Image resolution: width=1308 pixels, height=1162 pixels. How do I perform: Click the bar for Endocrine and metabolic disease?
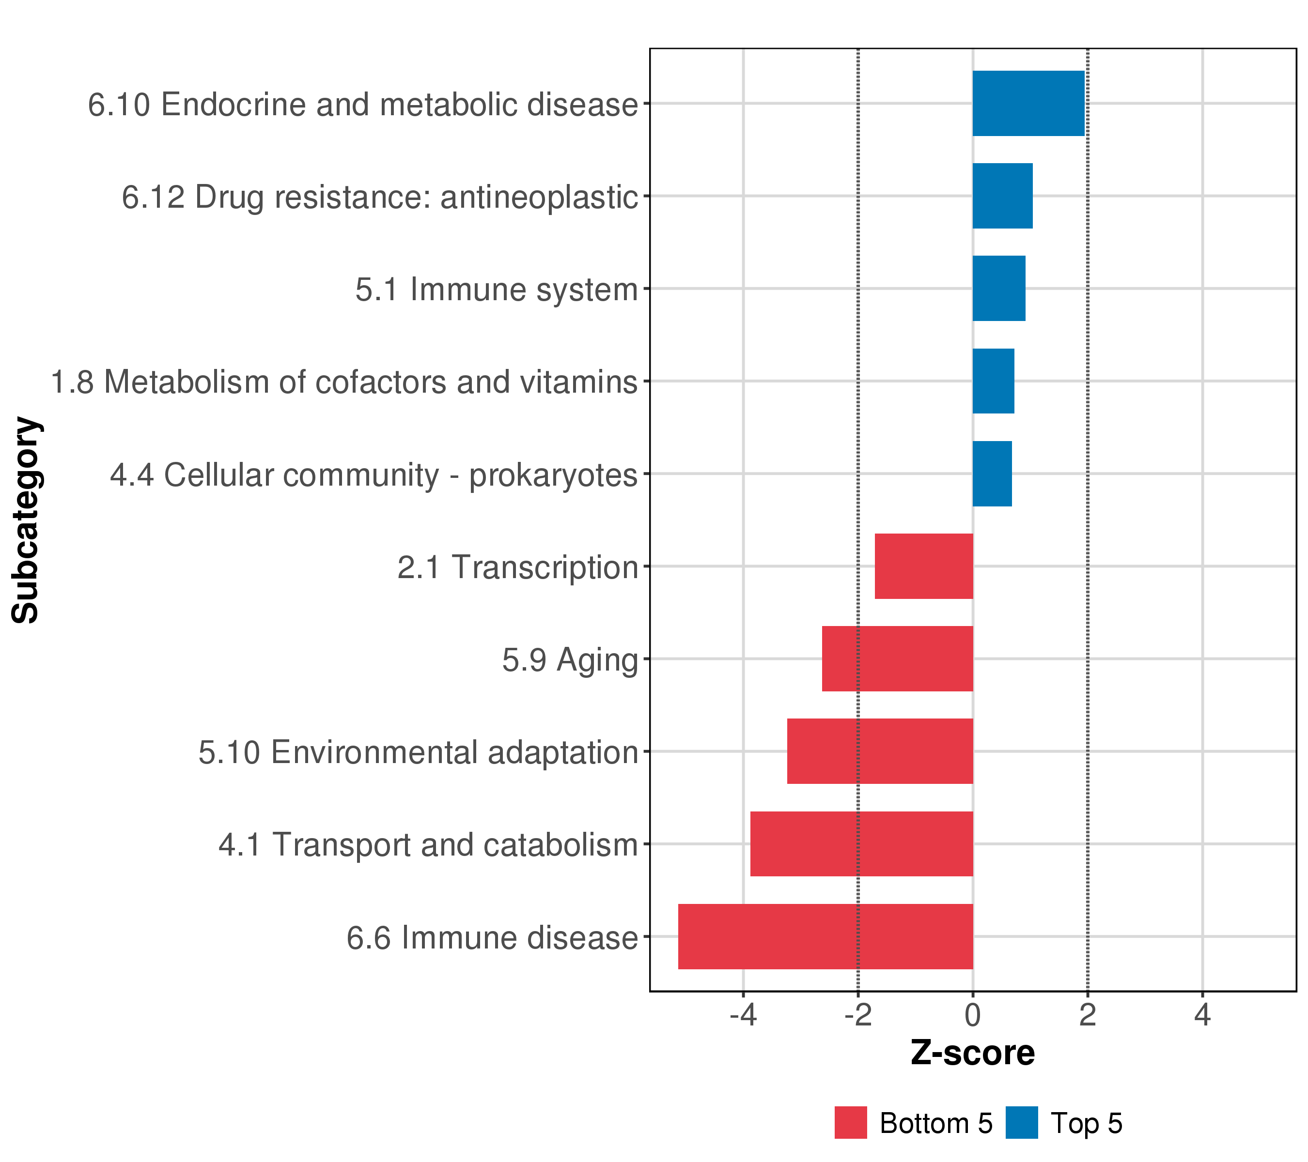click(x=1028, y=103)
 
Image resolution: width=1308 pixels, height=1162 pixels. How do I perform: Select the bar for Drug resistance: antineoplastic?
click(x=1002, y=196)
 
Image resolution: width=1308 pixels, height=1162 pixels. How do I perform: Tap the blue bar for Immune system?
click(x=998, y=289)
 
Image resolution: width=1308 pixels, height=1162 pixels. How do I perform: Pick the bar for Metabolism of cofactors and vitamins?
click(x=993, y=381)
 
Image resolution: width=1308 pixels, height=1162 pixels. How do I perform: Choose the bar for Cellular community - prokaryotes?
click(x=992, y=474)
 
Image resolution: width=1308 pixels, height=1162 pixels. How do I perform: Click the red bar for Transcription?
click(x=923, y=566)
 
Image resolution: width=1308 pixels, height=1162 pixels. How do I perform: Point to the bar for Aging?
click(x=897, y=658)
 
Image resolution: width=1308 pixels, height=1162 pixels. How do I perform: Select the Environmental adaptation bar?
click(x=880, y=751)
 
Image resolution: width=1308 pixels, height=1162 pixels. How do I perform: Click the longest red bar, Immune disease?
click(x=825, y=936)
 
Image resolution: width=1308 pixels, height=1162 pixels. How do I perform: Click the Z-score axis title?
click(x=973, y=1053)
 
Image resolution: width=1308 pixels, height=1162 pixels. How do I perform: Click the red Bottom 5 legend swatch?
click(x=851, y=1122)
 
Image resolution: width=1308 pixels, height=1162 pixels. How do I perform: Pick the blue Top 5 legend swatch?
click(x=1021, y=1122)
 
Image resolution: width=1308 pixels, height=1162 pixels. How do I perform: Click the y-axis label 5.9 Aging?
click(x=570, y=660)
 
